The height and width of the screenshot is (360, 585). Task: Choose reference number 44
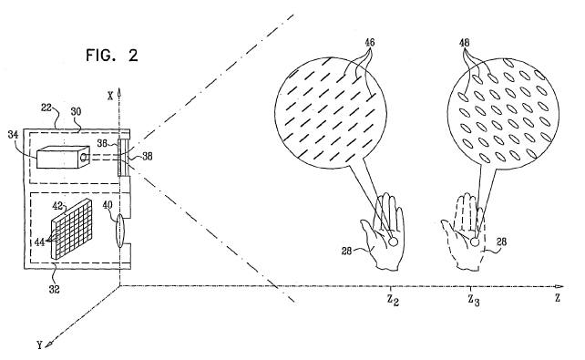click(41, 240)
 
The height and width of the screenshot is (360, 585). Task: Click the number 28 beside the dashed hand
click(500, 242)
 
